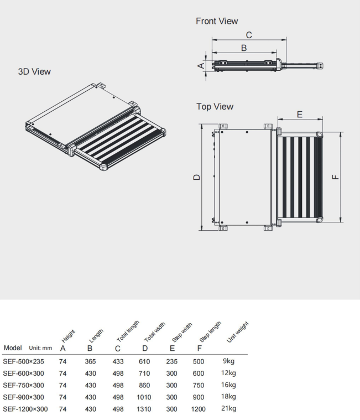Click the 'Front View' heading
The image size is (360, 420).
[x=217, y=21]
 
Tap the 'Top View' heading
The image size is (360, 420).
[x=215, y=106]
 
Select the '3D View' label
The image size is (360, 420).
[x=34, y=72]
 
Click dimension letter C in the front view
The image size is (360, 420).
[x=249, y=35]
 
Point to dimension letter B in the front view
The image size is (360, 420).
[x=244, y=48]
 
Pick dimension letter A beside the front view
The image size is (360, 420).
[x=201, y=66]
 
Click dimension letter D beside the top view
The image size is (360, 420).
[x=196, y=177]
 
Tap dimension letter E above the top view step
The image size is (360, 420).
[x=299, y=115]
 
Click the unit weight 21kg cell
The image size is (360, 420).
[x=229, y=408]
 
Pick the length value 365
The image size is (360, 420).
[x=90, y=361]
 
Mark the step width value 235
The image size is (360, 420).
[x=171, y=361]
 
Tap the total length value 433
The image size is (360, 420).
[x=117, y=361]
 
